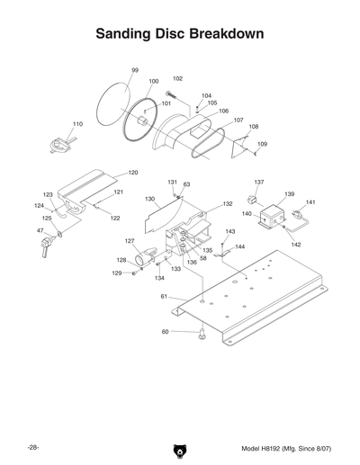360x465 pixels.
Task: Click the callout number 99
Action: click(135, 70)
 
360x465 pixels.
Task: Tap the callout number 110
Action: click(77, 123)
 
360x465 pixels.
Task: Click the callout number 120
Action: click(132, 172)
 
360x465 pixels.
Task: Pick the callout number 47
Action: click(40, 231)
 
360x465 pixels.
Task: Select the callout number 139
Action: click(289, 194)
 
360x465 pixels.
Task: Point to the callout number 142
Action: click(296, 244)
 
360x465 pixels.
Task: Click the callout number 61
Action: click(165, 296)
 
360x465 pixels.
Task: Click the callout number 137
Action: click(258, 182)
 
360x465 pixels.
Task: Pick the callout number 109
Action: click(262, 144)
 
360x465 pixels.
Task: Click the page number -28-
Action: click(32, 447)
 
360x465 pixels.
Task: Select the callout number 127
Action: click(130, 241)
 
